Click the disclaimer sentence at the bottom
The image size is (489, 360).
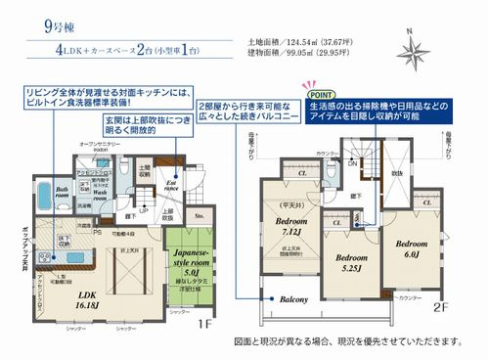347,343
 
